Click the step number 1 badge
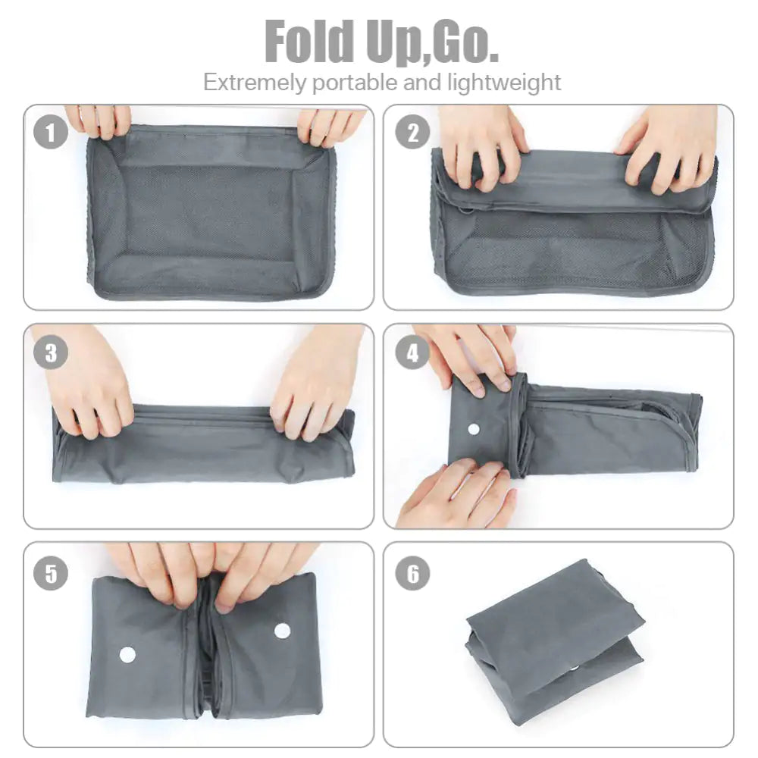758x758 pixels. (x=51, y=135)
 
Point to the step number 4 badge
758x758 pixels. (x=413, y=353)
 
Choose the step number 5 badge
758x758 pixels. (x=51, y=573)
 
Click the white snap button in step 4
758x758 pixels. (x=474, y=429)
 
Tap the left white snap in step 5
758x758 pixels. (x=127, y=654)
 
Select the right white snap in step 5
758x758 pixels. (x=282, y=630)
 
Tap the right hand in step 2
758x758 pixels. (x=671, y=148)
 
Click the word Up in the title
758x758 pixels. (x=393, y=43)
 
